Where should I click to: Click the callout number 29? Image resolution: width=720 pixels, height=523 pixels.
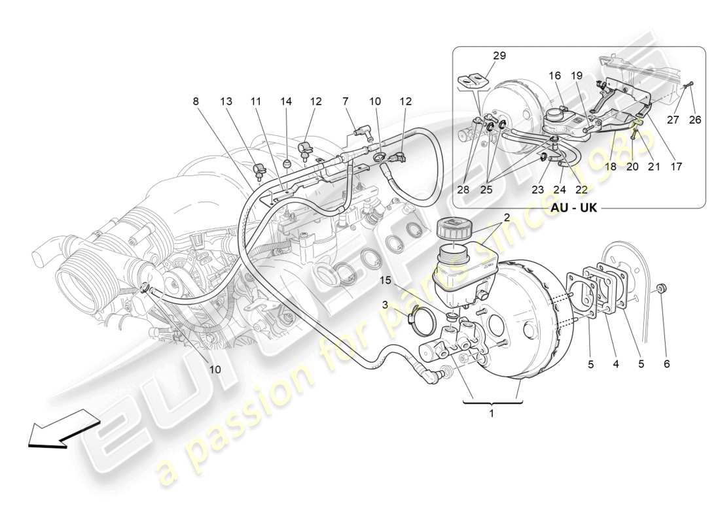click(x=499, y=56)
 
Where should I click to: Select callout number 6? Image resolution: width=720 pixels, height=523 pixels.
click(x=666, y=364)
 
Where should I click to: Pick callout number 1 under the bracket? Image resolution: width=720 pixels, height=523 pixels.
click(x=492, y=413)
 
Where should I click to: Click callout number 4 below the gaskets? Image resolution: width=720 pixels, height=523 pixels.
click(x=615, y=364)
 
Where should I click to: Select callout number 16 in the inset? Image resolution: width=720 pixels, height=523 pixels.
click(x=555, y=76)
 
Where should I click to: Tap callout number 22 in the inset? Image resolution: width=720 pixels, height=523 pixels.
click(x=581, y=189)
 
